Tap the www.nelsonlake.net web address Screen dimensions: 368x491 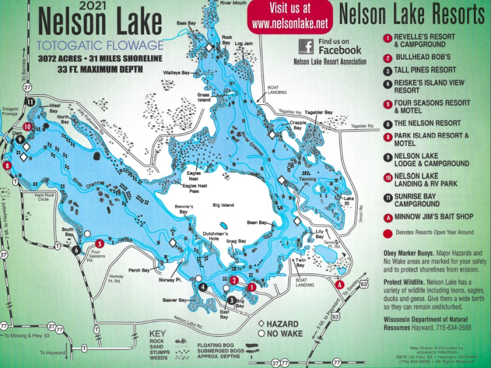[x=290, y=24]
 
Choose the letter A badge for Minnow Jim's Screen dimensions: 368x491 [x=387, y=216]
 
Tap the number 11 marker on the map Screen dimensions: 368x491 [x=29, y=102]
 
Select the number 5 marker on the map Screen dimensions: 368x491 [x=99, y=243]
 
